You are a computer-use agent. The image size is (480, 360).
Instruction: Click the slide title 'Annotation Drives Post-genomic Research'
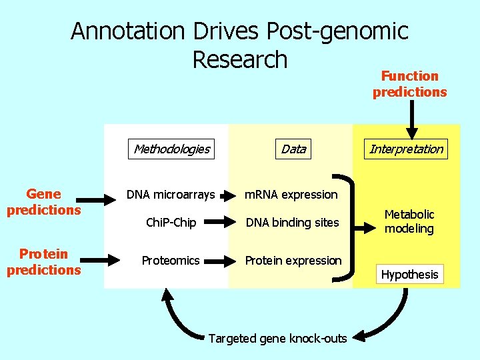click(x=239, y=45)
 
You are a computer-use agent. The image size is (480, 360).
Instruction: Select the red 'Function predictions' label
click(x=409, y=84)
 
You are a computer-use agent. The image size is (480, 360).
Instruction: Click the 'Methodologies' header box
click(x=171, y=149)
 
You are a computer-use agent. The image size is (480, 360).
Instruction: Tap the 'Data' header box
click(x=293, y=149)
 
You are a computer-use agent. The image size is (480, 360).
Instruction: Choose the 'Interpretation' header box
click(x=406, y=149)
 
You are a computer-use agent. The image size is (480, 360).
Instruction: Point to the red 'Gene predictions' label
click(x=43, y=202)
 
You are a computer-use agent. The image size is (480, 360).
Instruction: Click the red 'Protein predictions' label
click(x=43, y=261)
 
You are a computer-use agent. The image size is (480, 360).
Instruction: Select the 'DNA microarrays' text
click(x=171, y=195)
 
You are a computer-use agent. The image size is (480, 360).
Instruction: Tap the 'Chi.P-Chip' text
click(x=171, y=223)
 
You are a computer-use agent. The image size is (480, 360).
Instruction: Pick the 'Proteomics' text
click(x=171, y=261)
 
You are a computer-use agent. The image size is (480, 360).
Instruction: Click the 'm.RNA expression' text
click(x=291, y=195)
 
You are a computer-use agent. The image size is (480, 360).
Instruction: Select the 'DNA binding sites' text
click(x=292, y=223)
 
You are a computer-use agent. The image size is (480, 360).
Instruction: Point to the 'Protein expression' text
click(x=293, y=261)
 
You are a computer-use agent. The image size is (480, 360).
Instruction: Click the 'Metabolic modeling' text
click(x=409, y=221)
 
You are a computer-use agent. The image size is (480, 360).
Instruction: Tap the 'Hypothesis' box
click(x=409, y=274)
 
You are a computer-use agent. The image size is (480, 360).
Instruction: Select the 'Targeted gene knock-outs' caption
click(x=277, y=339)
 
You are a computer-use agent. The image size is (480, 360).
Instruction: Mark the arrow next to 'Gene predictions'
click(x=100, y=198)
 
